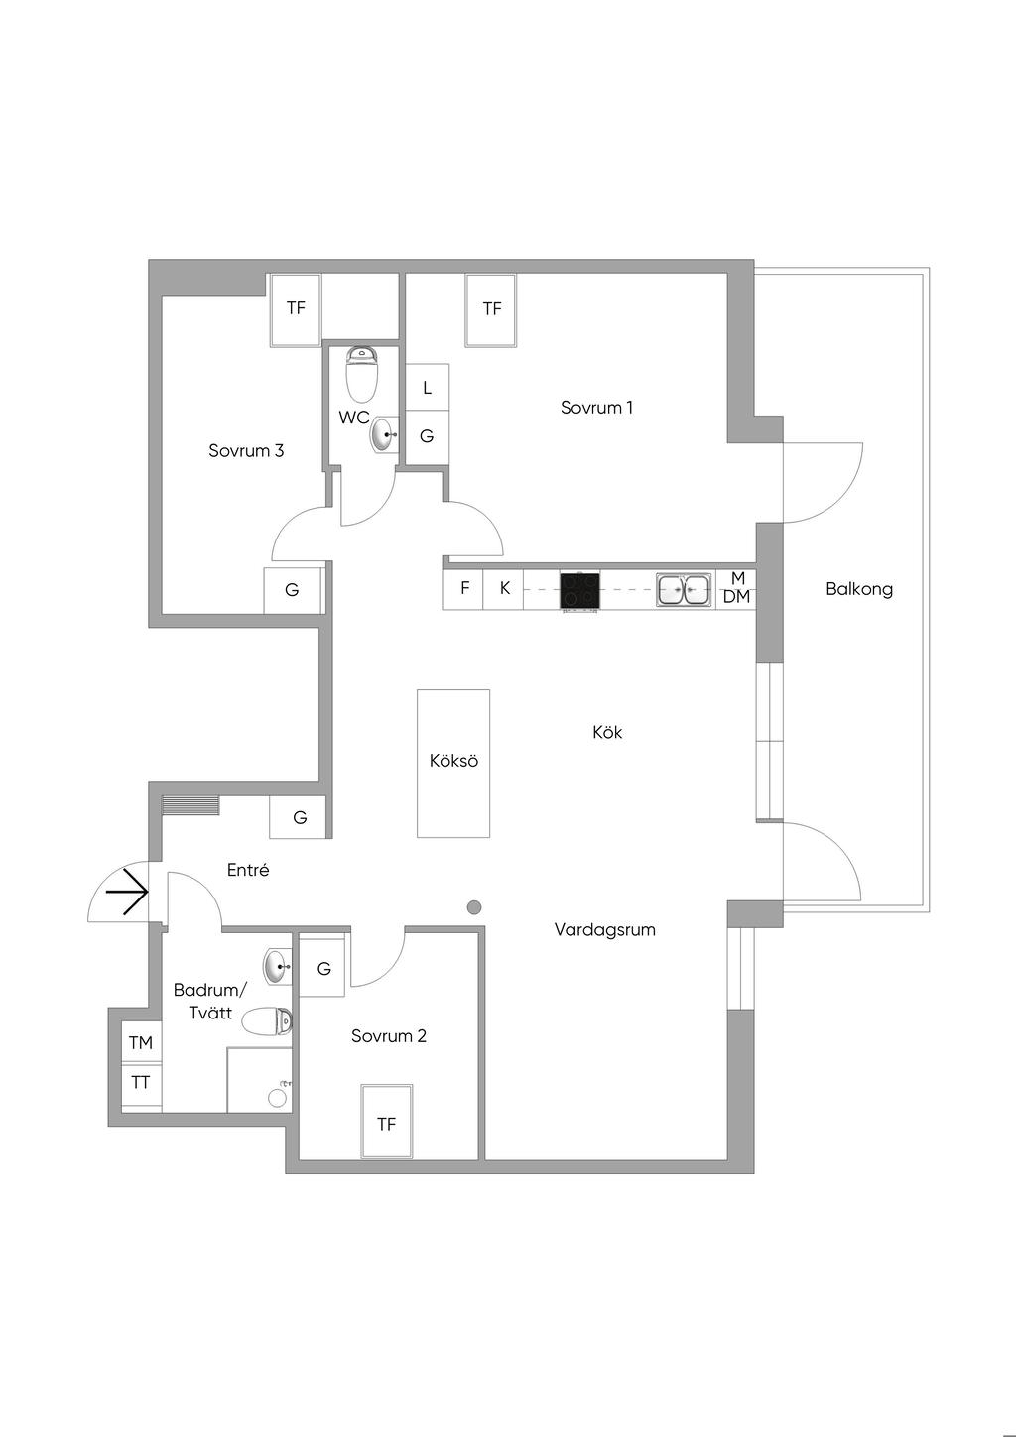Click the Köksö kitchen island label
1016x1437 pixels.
coord(453,761)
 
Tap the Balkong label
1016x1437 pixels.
coord(859,589)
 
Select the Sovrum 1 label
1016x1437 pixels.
coord(596,407)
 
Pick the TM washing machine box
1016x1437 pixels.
coord(141,1042)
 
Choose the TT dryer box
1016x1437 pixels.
coord(141,1083)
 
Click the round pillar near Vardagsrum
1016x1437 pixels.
coord(474,906)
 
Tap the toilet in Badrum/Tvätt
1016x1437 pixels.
coord(268,1021)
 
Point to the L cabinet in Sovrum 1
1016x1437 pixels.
coord(427,388)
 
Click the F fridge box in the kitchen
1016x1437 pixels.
coord(464,588)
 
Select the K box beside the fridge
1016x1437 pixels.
coord(504,588)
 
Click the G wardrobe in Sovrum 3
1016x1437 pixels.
coord(292,590)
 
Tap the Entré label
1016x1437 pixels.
coord(248,870)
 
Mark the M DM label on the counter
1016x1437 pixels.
coord(736,588)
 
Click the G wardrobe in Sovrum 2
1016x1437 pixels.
coord(323,968)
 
